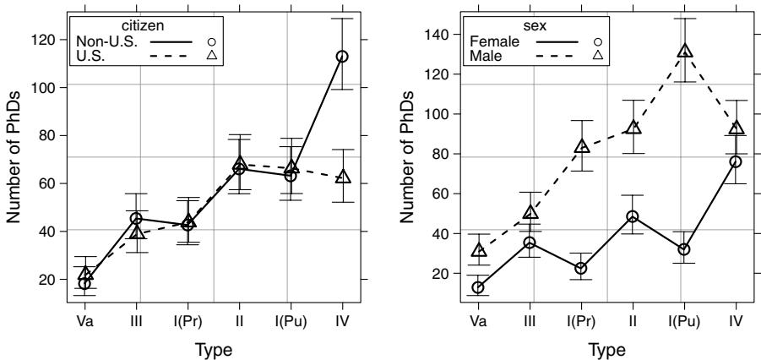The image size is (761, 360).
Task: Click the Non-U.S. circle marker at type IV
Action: [342, 56]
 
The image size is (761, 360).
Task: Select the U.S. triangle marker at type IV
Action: [342, 177]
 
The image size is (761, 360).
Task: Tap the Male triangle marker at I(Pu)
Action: [685, 52]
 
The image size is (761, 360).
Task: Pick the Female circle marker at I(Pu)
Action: [685, 249]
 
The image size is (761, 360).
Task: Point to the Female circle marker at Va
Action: [479, 287]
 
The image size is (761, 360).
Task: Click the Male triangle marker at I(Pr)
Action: [582, 146]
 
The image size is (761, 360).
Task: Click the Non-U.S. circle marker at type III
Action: [136, 219]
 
